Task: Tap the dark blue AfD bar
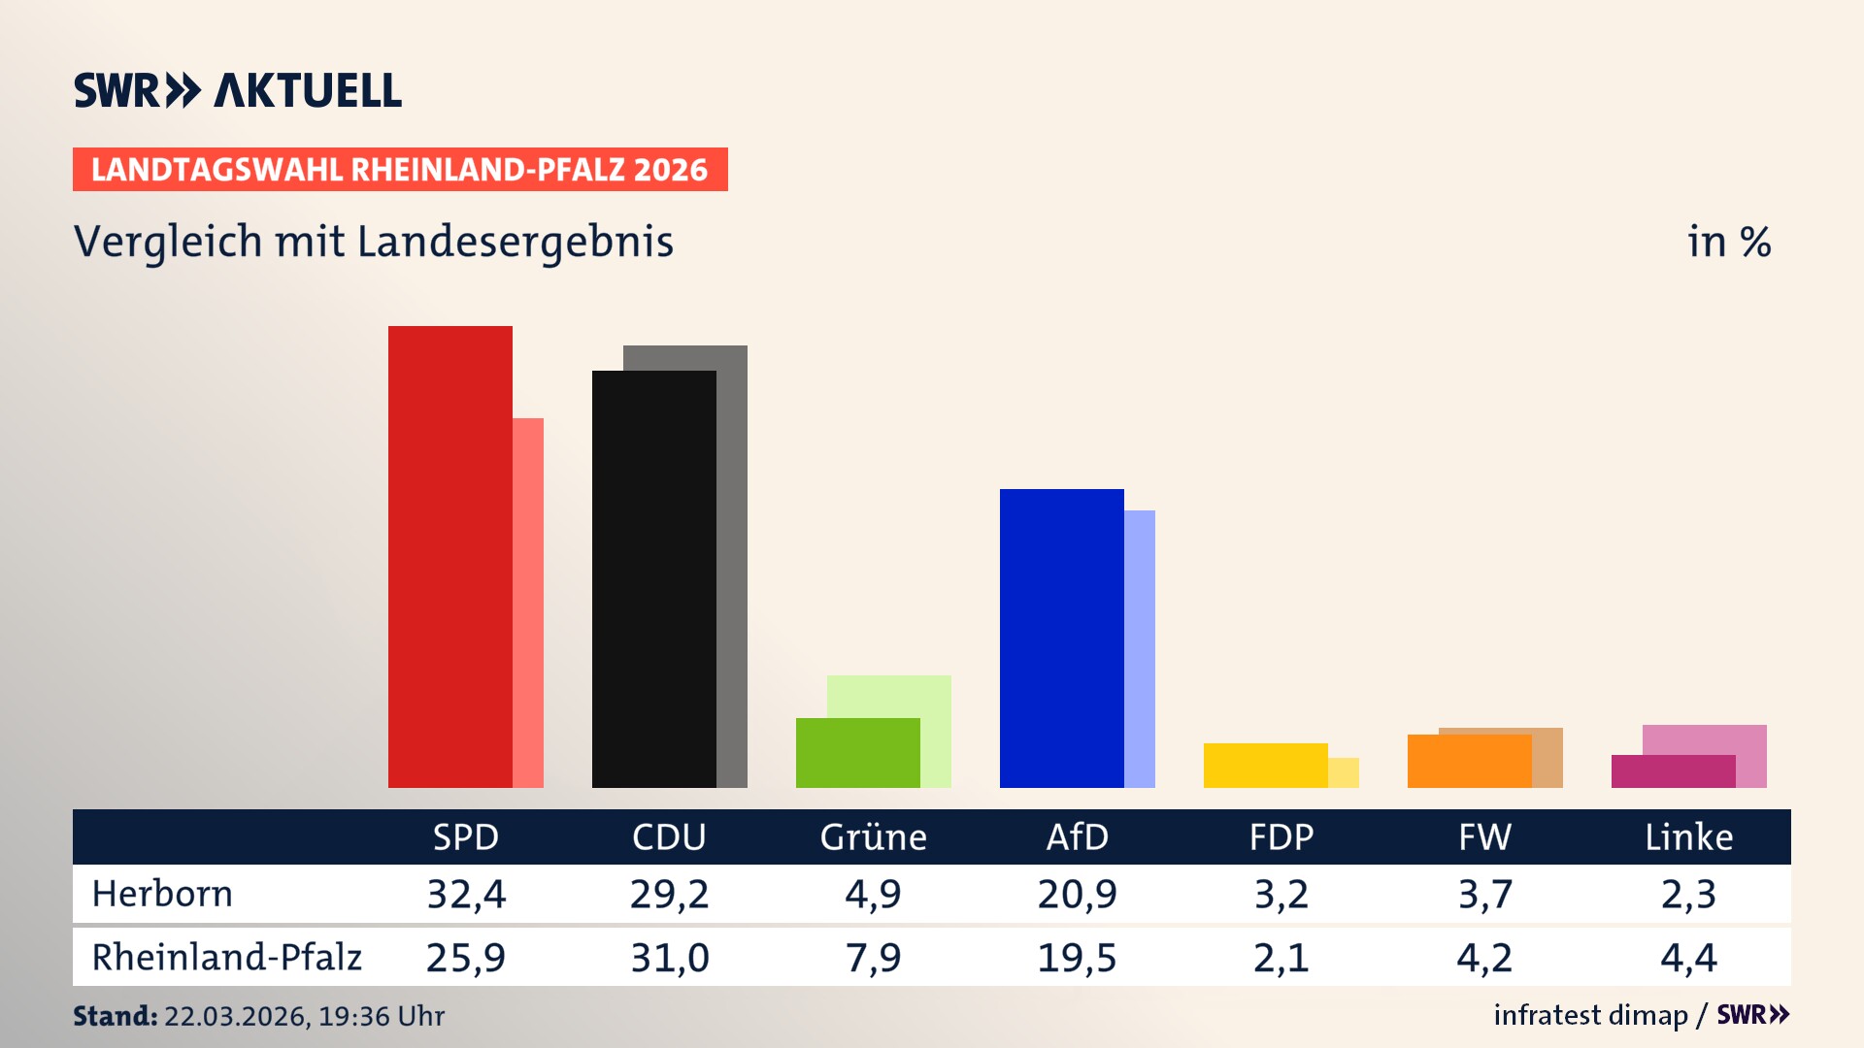coord(1061,638)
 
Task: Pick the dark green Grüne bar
coord(857,752)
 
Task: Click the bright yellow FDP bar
coord(1265,765)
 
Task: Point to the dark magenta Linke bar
coord(1673,771)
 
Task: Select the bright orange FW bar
coord(1469,761)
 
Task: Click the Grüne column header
coord(873,836)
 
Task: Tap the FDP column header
coord(1281,836)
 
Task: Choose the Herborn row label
coord(162,894)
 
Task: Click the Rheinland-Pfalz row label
coord(226,957)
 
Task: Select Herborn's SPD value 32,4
coord(466,894)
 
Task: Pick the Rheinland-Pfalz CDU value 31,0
coord(670,958)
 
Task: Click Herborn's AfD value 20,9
coord(1077,894)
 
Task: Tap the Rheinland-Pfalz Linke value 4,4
coord(1688,958)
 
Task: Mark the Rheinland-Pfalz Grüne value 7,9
coord(873,958)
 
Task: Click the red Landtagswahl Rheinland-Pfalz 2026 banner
coord(400,170)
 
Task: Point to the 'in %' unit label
coord(1729,242)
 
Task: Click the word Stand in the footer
coord(115,1016)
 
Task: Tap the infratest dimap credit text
coord(1590,1015)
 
